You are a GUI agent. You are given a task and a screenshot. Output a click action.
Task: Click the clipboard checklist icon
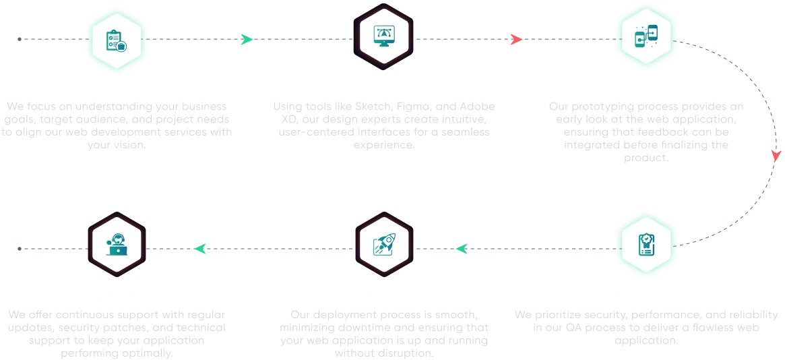coord(115,40)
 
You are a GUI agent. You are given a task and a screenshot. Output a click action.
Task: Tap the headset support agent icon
coord(117,246)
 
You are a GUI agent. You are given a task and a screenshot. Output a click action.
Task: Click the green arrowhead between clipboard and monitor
coord(247,40)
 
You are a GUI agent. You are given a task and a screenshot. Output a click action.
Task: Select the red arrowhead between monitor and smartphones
coord(515,40)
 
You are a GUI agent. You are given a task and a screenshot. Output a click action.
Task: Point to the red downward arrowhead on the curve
coord(774,156)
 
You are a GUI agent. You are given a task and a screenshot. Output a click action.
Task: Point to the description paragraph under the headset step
coord(118,330)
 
